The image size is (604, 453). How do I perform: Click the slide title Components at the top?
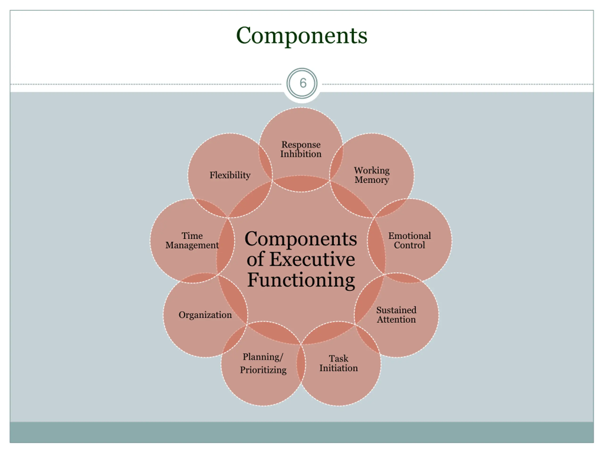click(302, 35)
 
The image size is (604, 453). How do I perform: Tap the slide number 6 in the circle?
click(303, 83)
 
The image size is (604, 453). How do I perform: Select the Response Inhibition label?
click(301, 149)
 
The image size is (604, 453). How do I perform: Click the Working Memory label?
click(372, 175)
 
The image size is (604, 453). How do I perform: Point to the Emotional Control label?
click(409, 240)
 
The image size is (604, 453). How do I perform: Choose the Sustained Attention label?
click(396, 315)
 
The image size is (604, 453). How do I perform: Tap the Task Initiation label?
click(339, 363)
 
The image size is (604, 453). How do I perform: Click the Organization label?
click(205, 315)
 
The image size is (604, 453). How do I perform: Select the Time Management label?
click(192, 240)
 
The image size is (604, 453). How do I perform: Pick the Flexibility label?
click(230, 175)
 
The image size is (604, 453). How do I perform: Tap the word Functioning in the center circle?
click(301, 280)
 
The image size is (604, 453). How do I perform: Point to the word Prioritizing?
click(263, 370)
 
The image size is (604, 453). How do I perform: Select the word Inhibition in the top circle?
click(301, 154)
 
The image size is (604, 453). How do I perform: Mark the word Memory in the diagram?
click(372, 180)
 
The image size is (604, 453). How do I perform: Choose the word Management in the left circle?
click(192, 245)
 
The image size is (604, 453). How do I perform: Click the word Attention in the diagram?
click(396, 319)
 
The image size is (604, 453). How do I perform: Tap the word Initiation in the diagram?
click(339, 368)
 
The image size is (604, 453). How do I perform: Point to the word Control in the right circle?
click(409, 245)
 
